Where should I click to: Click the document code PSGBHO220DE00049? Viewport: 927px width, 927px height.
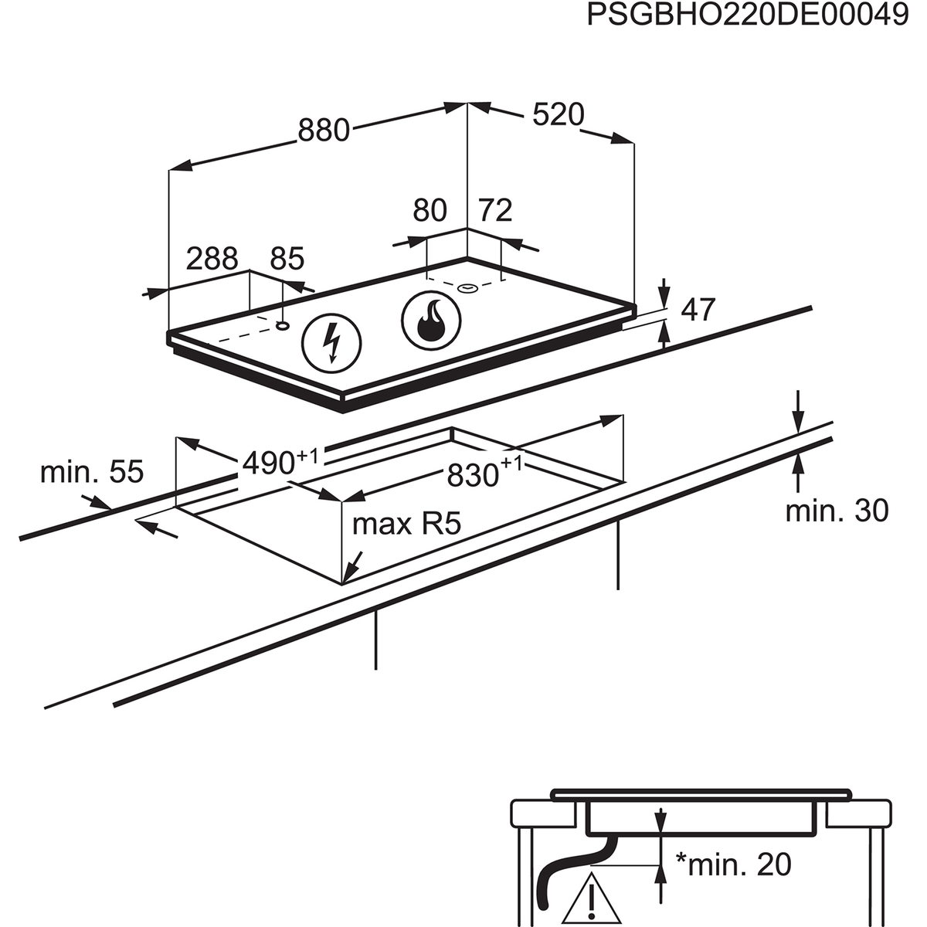pos(748,15)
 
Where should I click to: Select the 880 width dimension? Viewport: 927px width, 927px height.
pos(324,131)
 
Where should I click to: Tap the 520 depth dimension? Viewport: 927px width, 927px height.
pos(558,115)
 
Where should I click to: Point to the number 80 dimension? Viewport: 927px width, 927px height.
pos(430,210)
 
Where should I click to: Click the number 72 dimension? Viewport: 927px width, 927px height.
pos(495,210)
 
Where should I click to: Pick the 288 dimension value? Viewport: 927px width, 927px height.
pos(212,258)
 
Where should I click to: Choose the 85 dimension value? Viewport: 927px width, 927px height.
pos(287,258)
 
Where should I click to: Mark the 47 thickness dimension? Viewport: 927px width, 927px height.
pos(698,310)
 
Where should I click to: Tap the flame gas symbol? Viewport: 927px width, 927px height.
pos(430,320)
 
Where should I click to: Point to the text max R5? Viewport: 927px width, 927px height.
pos(406,525)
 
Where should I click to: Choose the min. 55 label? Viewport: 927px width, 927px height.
pos(92,471)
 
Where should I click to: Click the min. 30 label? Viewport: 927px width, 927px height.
pos(837,511)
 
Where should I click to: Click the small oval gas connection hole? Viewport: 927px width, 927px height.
pos(467,289)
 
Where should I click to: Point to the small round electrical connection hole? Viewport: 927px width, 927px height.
pos(284,324)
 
